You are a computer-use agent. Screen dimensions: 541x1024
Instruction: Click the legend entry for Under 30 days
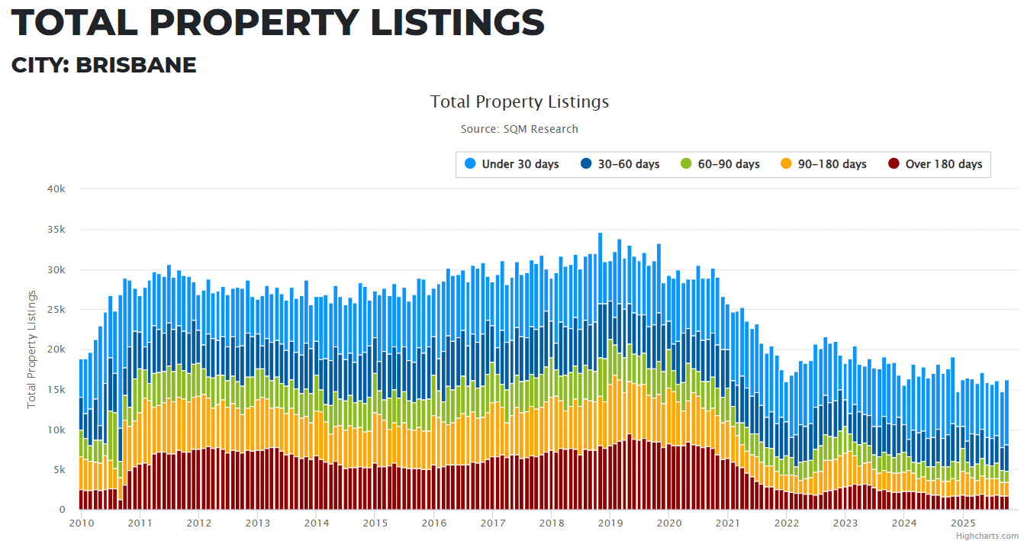[520, 164]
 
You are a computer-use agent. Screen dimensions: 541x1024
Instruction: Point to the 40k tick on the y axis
[56, 188]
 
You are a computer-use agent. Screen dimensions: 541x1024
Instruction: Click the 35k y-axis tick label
[56, 229]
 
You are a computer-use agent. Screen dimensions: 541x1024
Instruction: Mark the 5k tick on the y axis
[58, 470]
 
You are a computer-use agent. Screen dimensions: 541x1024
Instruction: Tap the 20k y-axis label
[56, 349]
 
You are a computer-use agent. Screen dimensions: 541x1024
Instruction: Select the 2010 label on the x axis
[81, 523]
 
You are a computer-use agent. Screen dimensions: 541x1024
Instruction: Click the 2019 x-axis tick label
[610, 523]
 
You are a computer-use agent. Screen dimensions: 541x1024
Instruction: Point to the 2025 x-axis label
[962, 523]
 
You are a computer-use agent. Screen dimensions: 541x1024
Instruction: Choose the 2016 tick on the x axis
[433, 523]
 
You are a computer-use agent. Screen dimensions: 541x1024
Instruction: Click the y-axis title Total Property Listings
[32, 349]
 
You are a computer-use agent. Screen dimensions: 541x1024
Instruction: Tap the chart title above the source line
[519, 101]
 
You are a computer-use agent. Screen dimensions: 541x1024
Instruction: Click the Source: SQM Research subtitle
[519, 129]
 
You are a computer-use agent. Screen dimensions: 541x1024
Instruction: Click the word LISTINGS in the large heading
[457, 23]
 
